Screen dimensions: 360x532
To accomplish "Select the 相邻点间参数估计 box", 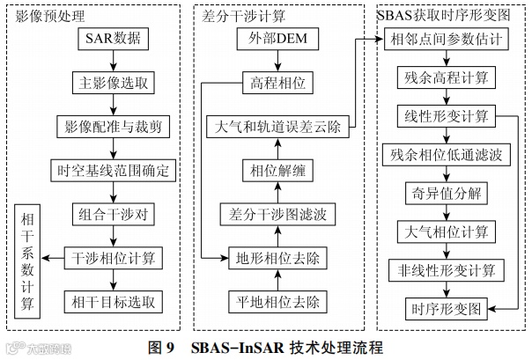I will tap(446, 40).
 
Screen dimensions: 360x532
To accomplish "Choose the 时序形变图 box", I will tap(446, 308).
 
